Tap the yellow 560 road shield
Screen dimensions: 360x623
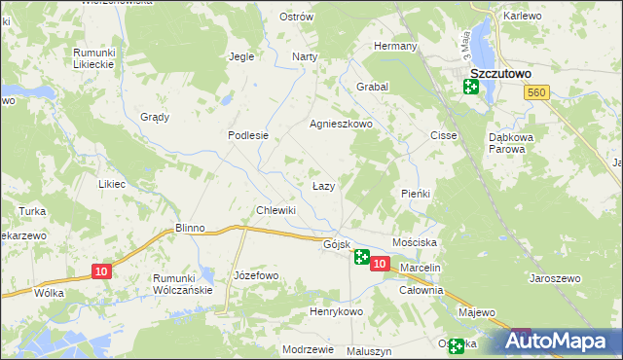(x=534, y=92)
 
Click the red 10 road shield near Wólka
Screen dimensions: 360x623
(x=101, y=271)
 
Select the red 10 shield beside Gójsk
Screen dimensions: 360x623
(x=380, y=264)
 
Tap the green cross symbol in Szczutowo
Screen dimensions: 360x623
(x=471, y=88)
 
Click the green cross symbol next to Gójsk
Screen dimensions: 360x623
(x=361, y=257)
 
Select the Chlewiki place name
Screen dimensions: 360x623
(x=275, y=210)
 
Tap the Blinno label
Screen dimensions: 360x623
(x=189, y=228)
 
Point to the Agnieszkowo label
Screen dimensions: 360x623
(x=342, y=125)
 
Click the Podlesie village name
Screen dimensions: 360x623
(x=247, y=136)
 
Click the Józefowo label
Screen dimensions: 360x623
(x=256, y=275)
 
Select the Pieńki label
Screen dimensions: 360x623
(x=416, y=194)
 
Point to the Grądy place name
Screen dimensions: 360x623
(x=154, y=117)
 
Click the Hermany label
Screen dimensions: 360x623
(x=396, y=46)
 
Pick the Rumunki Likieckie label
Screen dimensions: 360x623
(x=93, y=57)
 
